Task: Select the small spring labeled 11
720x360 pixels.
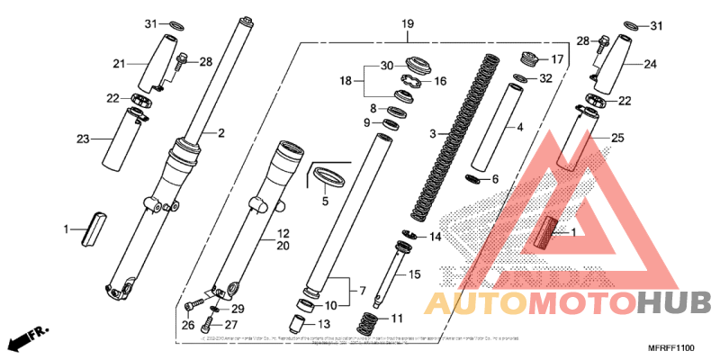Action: tap(369, 319)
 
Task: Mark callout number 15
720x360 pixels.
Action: tap(415, 274)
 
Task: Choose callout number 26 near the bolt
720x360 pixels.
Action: tap(187, 325)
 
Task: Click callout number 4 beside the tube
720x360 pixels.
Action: tap(519, 127)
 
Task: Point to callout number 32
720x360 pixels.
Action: tap(545, 79)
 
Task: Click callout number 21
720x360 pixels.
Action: tap(117, 64)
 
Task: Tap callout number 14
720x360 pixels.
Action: tap(435, 237)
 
